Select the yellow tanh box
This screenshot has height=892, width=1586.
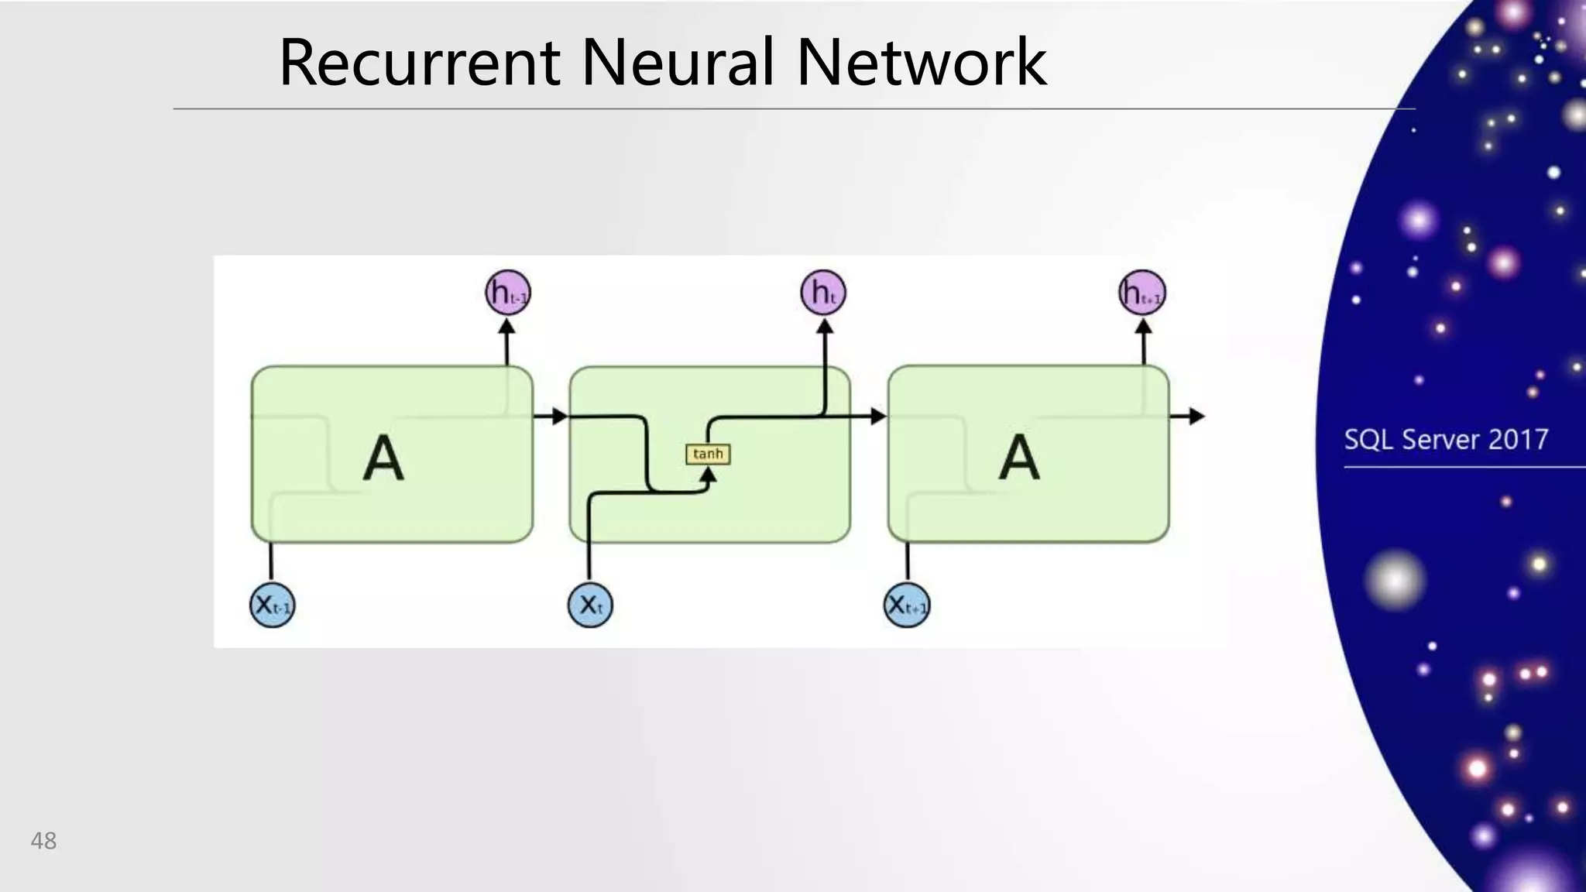[708, 454]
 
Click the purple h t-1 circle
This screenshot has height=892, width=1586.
[508, 293]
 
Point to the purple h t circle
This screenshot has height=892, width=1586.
[823, 293]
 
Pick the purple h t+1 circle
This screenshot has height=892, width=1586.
[1142, 293]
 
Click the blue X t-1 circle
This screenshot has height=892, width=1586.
[273, 605]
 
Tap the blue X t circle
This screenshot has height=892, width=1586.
[590, 605]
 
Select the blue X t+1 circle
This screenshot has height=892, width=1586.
[907, 605]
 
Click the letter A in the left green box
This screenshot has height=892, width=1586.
[383, 458]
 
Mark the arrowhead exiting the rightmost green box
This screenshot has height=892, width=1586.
[1196, 417]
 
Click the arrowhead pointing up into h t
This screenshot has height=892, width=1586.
[826, 327]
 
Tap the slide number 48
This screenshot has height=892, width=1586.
[43, 841]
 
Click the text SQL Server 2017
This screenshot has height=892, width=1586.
[1446, 440]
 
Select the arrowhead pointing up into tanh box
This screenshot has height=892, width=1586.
[708, 474]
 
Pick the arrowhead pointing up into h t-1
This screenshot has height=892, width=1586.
[506, 327]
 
